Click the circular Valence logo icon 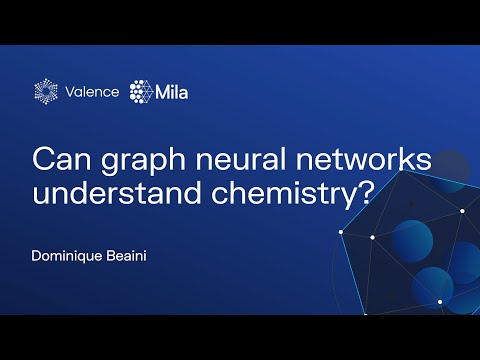point(48,91)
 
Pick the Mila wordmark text point(172,92)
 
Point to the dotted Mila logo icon point(141,91)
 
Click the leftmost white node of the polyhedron point(340,231)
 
